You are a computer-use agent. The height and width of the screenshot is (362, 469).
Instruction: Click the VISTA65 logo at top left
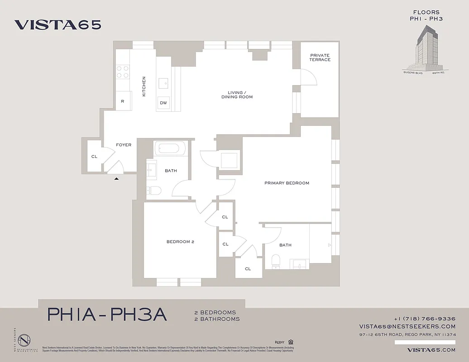tap(57, 24)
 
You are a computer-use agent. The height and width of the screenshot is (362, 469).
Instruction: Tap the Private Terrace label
tap(320, 57)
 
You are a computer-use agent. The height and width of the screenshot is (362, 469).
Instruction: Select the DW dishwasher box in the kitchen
tap(163, 103)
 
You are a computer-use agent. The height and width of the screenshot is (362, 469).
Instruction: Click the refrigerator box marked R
tap(122, 101)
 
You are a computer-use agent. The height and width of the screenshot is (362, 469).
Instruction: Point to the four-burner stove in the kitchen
tap(123, 72)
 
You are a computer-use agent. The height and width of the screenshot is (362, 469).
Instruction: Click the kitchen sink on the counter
tap(164, 83)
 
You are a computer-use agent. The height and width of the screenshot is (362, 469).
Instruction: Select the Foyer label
tap(124, 145)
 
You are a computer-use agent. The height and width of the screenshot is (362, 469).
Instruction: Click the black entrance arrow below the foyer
tap(116, 179)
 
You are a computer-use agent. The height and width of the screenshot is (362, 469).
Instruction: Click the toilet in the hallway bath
tap(153, 191)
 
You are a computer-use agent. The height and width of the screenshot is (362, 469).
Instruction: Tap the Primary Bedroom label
tap(287, 183)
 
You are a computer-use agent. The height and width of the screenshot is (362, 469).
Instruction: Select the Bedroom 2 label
tap(180, 242)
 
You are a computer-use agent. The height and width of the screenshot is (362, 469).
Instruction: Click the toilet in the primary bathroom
tap(275, 261)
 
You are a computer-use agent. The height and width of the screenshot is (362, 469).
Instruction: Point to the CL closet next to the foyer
tap(94, 157)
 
